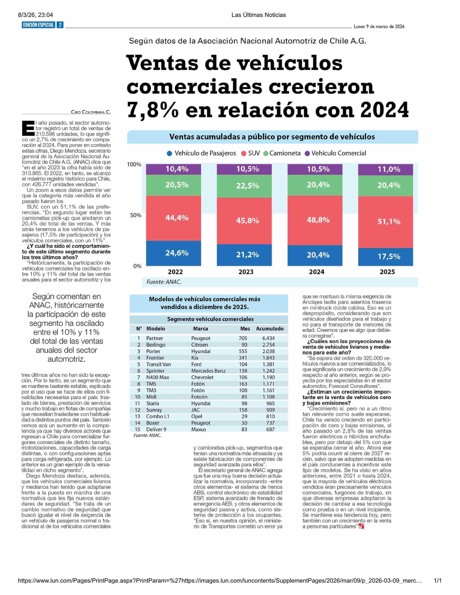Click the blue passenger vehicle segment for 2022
(174, 253)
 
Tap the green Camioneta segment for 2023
(244, 186)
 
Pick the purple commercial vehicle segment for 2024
(315, 169)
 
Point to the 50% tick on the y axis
(136, 215)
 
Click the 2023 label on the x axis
(246, 272)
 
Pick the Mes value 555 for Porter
(243, 351)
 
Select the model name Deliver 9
(156, 429)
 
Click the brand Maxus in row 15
(199, 429)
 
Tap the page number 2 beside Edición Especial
(60, 25)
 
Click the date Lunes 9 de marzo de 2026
(379, 27)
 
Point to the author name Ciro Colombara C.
(91, 112)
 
